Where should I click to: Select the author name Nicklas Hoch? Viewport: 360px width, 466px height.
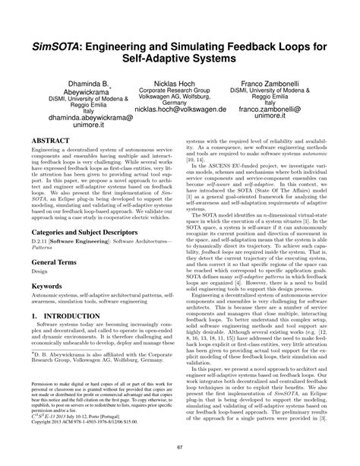pos(179,81)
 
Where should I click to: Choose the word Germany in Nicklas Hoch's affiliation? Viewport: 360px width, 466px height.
pos(180,103)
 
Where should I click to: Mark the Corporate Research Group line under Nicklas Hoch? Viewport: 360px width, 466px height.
pos(180,89)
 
